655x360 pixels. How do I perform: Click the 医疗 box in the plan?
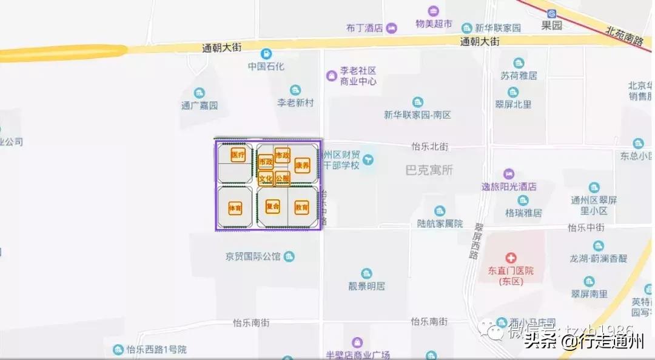point(238,155)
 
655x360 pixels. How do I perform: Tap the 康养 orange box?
point(302,165)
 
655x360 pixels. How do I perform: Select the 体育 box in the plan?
point(235,208)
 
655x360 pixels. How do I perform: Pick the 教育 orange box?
point(301,207)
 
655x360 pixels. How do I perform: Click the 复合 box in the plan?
point(272,207)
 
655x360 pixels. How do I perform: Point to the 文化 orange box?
point(266,179)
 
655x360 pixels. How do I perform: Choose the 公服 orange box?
point(283,178)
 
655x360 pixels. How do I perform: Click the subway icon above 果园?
point(551,13)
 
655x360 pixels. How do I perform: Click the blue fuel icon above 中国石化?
point(266,54)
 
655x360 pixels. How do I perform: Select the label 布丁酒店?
point(364,28)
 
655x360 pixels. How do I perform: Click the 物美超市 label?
point(434,24)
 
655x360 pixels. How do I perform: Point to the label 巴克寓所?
point(429,170)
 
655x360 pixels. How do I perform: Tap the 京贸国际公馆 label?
point(253,256)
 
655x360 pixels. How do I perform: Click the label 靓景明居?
point(366,286)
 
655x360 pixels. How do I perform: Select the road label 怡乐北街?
point(429,147)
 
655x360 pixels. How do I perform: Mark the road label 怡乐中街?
point(586,228)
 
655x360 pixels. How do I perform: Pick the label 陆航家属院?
point(440,224)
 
